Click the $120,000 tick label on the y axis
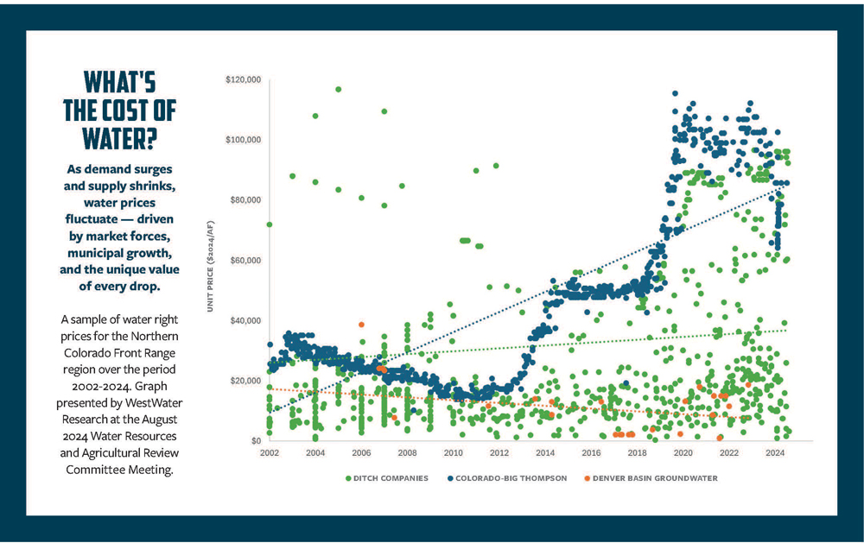243,79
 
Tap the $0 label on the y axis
256,441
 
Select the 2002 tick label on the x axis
270,452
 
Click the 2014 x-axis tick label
545,452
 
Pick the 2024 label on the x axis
774,452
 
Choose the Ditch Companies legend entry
386,477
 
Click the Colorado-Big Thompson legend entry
510,477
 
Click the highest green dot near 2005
338,89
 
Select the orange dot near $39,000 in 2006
361,325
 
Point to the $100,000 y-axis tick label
243,140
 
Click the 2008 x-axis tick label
408,452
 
